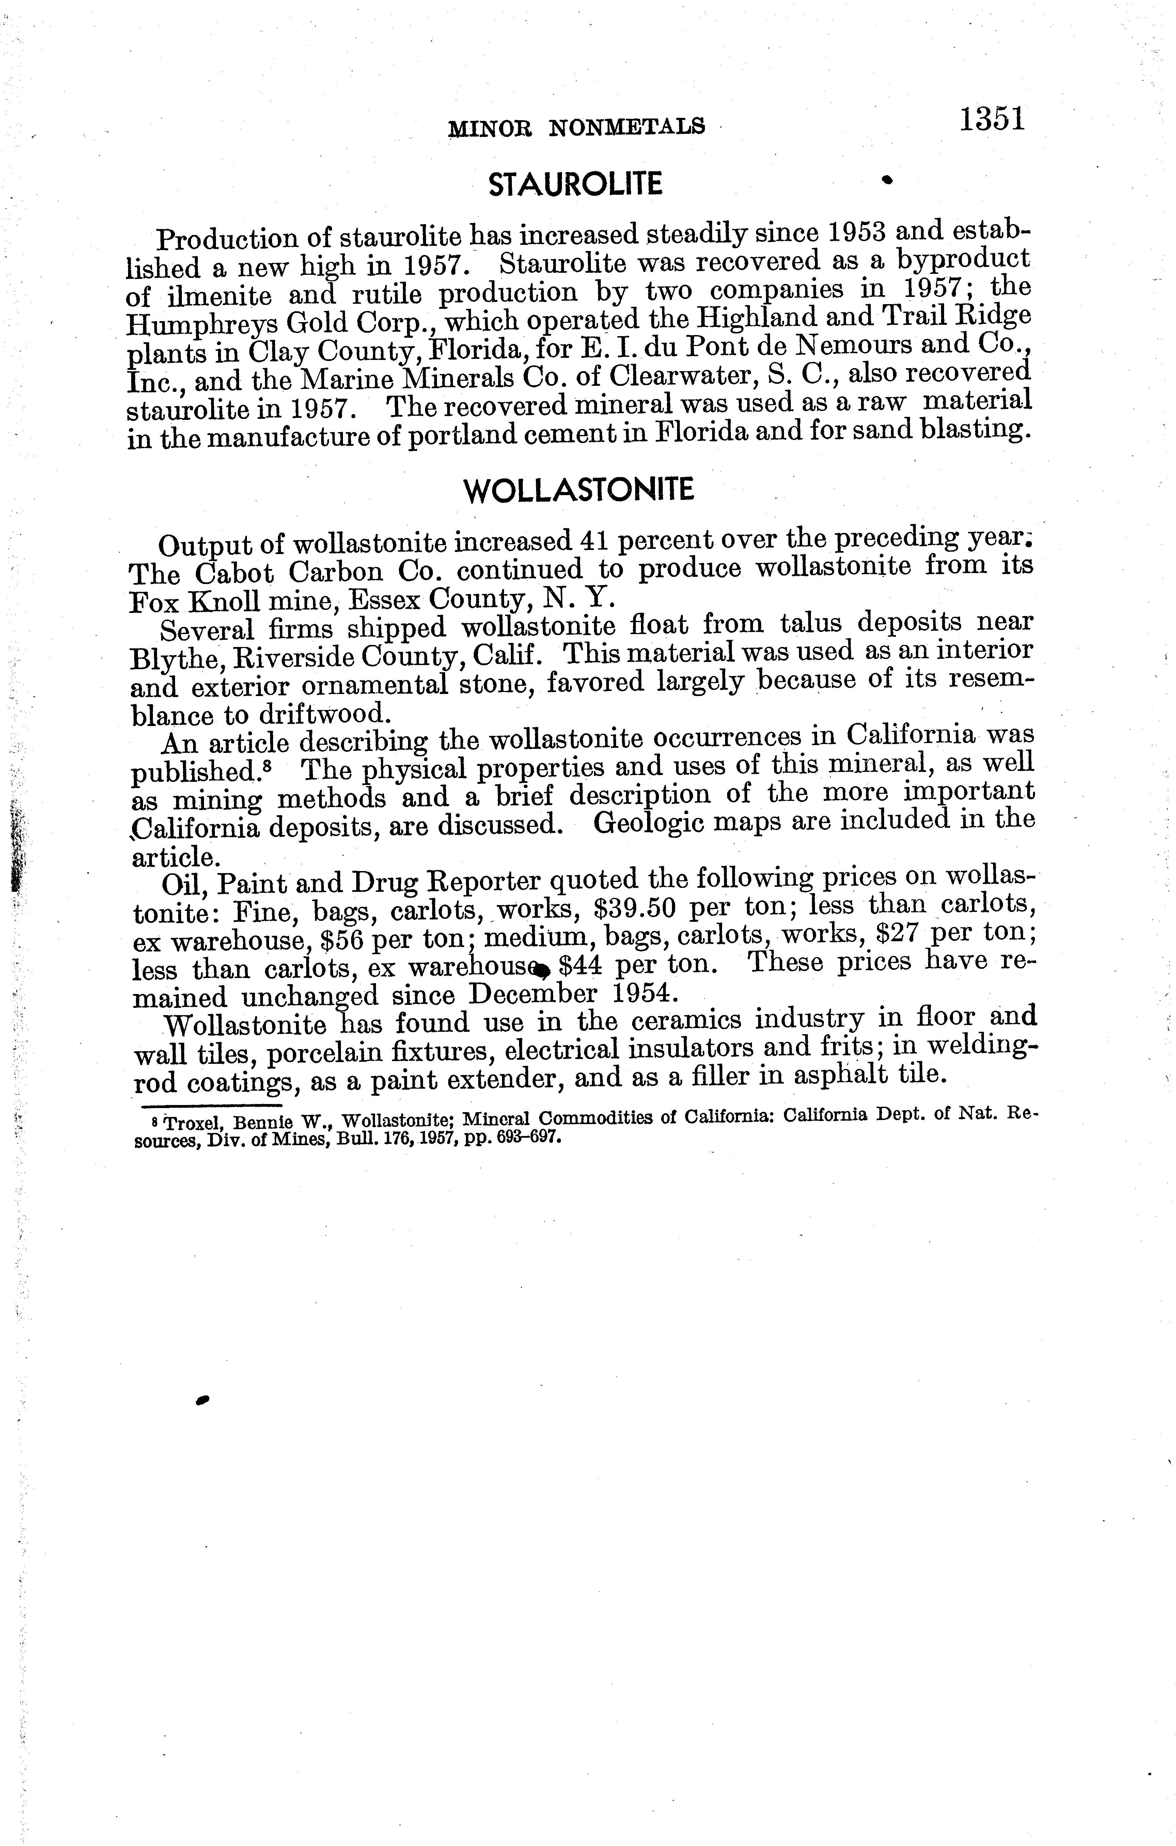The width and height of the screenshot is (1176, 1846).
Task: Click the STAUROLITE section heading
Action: click(x=575, y=184)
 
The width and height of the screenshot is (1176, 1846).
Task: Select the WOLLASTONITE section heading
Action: click(x=580, y=490)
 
